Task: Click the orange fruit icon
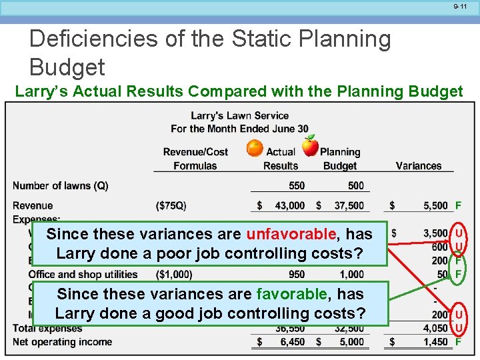(x=255, y=148)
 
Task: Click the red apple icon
(x=310, y=145)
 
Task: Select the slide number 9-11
(x=461, y=7)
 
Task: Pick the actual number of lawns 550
(x=297, y=185)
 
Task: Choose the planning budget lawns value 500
(x=356, y=185)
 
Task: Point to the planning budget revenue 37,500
(x=349, y=206)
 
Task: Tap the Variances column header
(x=418, y=165)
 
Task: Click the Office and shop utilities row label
(x=83, y=274)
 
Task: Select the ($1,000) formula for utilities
(x=174, y=274)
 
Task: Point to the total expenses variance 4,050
(x=435, y=328)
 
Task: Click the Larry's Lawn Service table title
(x=239, y=115)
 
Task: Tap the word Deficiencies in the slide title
(x=86, y=39)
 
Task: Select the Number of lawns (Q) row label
(x=60, y=185)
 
